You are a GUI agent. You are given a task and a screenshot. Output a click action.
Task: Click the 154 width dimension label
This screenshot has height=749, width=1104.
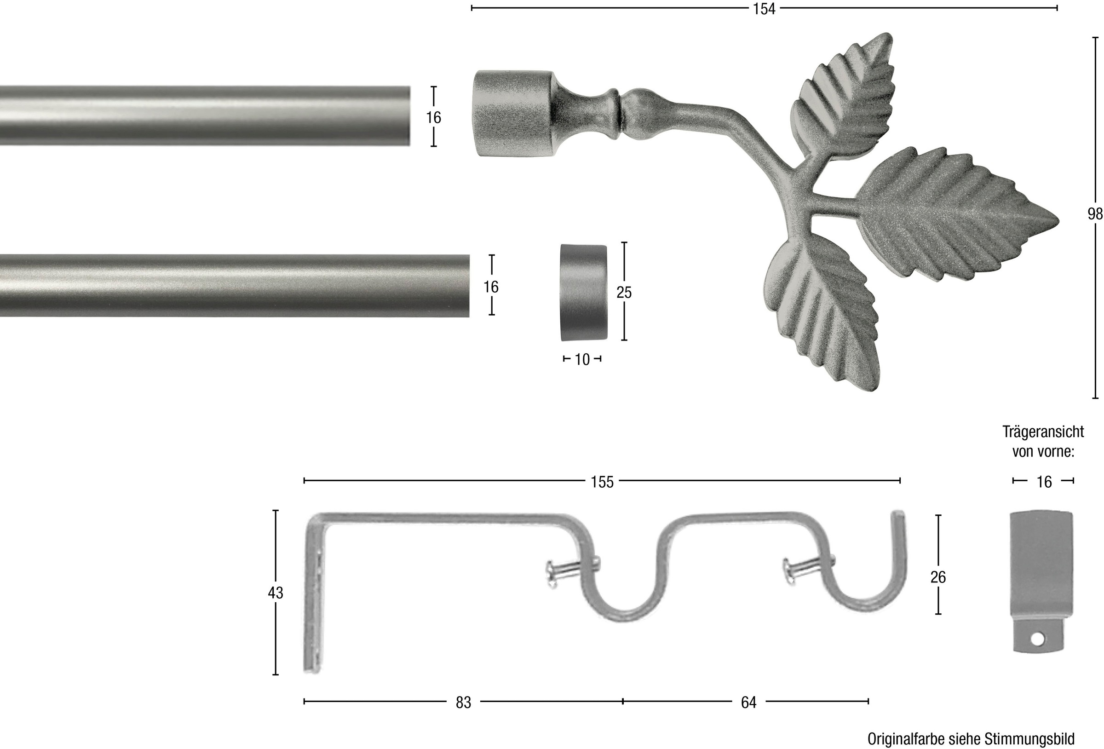coord(764,9)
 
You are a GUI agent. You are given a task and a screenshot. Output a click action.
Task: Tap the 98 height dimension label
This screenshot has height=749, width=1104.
coord(1095,214)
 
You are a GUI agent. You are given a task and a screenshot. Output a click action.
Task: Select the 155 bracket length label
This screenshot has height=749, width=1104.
coord(602,482)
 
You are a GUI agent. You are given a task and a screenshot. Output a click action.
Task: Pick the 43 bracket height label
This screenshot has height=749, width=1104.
coord(276,593)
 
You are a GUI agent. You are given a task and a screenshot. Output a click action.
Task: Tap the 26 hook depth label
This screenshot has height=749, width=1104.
coord(938,577)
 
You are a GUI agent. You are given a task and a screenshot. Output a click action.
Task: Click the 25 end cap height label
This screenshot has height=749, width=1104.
coord(624,292)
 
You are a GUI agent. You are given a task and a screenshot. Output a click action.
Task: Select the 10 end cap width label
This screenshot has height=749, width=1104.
coord(582,359)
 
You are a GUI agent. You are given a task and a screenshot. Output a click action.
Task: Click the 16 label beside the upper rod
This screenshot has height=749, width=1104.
coord(433,117)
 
